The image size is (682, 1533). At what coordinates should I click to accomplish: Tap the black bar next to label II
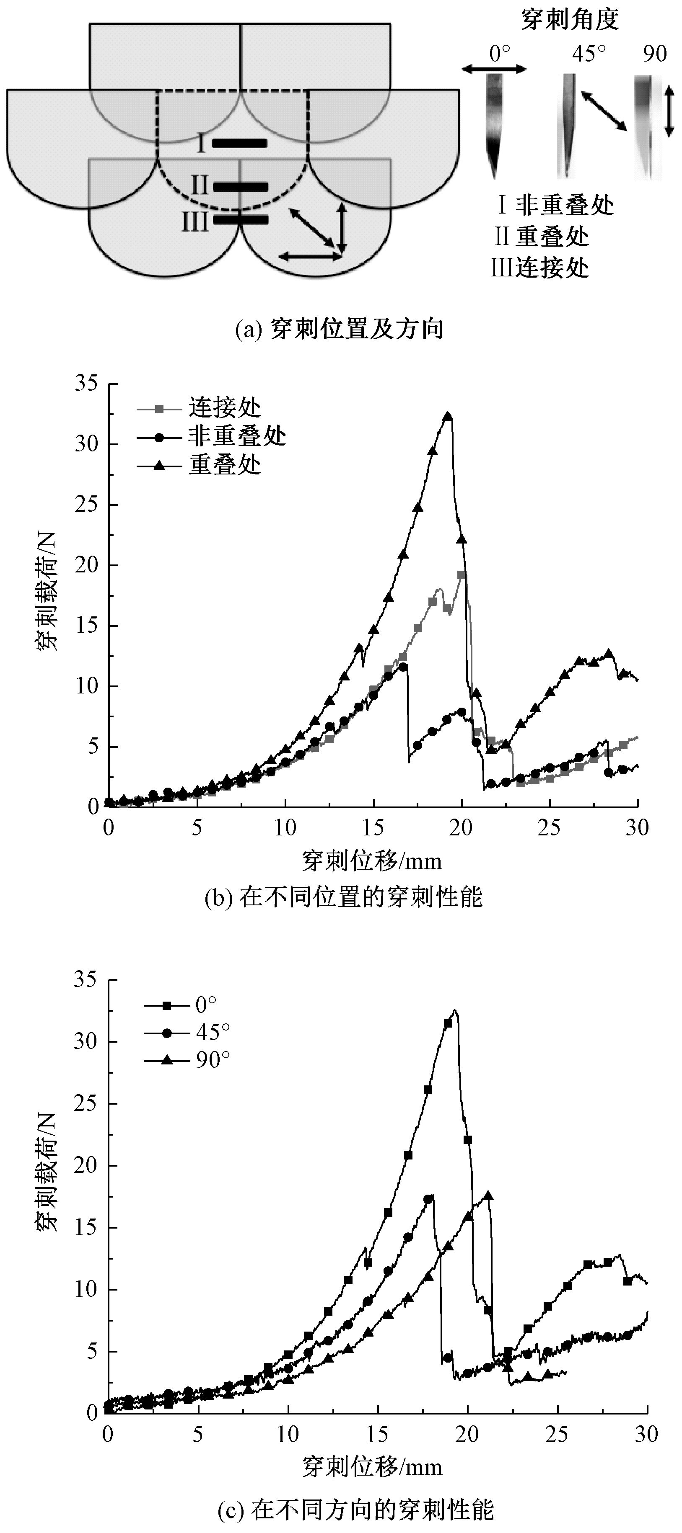[x=240, y=186]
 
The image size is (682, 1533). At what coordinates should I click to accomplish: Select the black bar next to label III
[x=240, y=219]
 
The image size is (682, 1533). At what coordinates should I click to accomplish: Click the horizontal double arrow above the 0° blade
[x=494, y=70]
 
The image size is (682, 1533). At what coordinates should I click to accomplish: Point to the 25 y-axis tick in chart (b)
[x=88, y=505]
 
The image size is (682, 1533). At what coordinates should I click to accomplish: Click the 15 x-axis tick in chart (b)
[x=373, y=828]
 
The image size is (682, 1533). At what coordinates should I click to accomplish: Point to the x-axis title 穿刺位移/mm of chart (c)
[x=372, y=1465]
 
